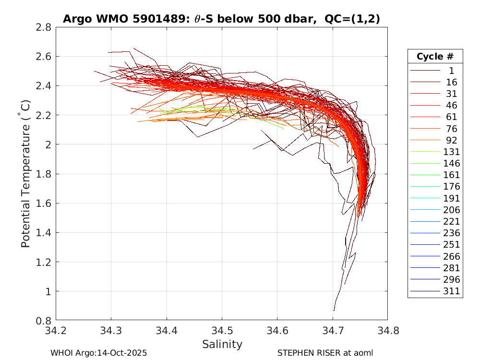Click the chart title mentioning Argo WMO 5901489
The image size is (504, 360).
221,19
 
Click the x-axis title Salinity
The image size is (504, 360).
222,344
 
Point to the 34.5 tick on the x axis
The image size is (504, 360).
222,331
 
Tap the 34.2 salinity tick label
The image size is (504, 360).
56,331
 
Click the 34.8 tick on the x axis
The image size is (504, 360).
387,331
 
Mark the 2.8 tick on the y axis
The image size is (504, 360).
44,27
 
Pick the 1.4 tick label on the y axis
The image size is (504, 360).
44,233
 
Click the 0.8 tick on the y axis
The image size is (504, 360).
44,321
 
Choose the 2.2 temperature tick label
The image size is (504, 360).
44,115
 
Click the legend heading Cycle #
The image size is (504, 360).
435,56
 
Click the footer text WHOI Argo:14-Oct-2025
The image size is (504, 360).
98,353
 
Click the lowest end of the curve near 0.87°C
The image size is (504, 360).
334,310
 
